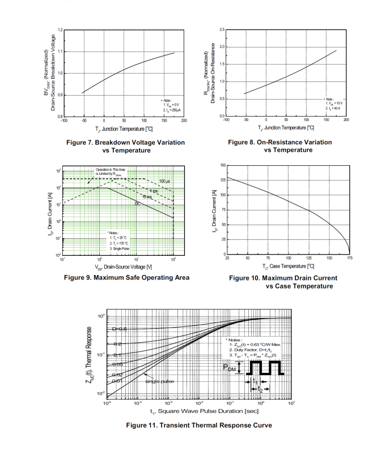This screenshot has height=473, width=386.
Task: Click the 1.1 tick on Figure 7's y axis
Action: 60,51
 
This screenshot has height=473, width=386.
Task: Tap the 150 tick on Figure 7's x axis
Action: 164,121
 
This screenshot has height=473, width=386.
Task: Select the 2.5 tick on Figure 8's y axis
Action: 222,29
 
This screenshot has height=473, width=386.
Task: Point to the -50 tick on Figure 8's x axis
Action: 245,120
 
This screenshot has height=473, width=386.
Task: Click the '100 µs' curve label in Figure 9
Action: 164,181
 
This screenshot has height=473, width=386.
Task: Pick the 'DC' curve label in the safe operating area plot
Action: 137,203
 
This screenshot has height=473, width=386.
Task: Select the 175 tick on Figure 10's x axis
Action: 349,258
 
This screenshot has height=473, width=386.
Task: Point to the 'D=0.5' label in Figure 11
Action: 120,329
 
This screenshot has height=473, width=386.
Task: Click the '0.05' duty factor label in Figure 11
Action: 118,365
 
